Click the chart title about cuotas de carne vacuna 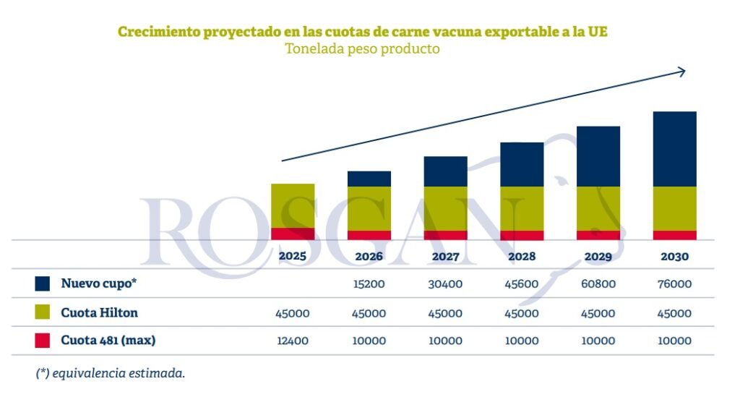click(367, 32)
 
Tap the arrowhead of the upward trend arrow click(681, 71)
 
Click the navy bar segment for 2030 click(674, 149)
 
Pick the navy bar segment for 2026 click(369, 179)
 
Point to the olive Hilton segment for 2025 click(293, 205)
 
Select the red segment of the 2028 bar click(522, 235)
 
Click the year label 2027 click(445, 256)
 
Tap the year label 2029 click(598, 256)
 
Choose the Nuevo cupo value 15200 click(369, 284)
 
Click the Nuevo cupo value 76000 click(674, 284)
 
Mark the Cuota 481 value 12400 click(293, 341)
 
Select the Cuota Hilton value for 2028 click(522, 313)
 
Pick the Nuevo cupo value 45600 click(522, 284)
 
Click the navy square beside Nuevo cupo click(42, 283)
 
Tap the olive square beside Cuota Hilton click(42, 312)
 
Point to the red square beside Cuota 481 click(42, 340)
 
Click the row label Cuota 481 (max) click(108, 340)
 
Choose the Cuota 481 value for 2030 click(674, 341)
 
